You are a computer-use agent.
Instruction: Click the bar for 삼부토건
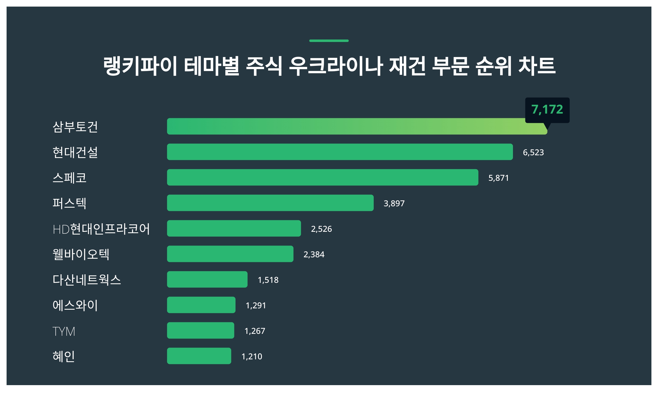pyautogui.click(x=356, y=126)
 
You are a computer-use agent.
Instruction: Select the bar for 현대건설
pyautogui.click(x=340, y=152)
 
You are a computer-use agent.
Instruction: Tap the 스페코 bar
pyautogui.click(x=322, y=177)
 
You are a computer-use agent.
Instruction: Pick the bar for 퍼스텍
pyautogui.click(x=270, y=203)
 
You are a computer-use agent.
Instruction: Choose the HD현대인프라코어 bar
pyautogui.click(x=234, y=228)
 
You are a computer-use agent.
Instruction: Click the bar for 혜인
pyautogui.click(x=199, y=356)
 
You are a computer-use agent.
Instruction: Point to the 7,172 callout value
pyautogui.click(x=547, y=109)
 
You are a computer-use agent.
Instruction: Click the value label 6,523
pyautogui.click(x=533, y=153)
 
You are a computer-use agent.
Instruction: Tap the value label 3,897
pyautogui.click(x=394, y=204)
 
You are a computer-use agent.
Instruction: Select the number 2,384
pyautogui.click(x=314, y=255)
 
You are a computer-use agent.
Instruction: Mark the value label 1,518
pyautogui.click(x=268, y=280)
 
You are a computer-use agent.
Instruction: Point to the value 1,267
pyautogui.click(x=255, y=331)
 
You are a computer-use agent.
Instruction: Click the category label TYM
pyautogui.click(x=64, y=331)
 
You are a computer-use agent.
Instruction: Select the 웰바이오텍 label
pyautogui.click(x=81, y=254)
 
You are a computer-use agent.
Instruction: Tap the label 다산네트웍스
pyautogui.click(x=87, y=280)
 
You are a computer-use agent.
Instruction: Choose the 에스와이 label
pyautogui.click(x=75, y=305)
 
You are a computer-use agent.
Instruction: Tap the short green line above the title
pyautogui.click(x=329, y=41)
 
